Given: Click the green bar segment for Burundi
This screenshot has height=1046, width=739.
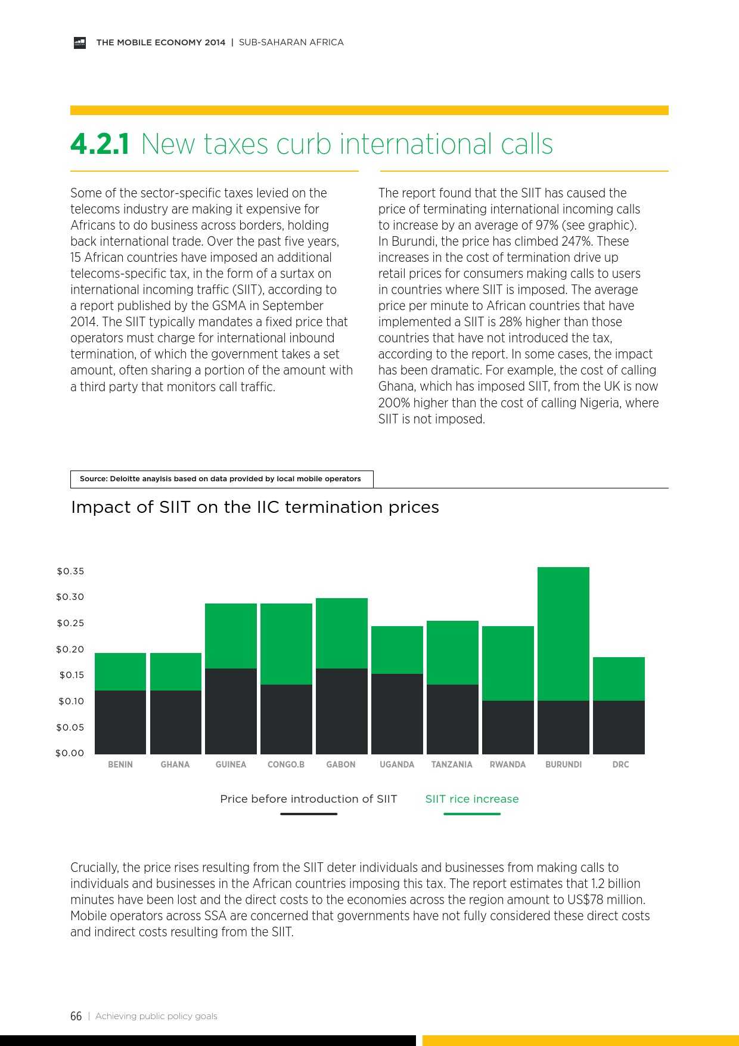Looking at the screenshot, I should point(563,633).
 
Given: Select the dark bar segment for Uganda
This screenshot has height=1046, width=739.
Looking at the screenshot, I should point(397,714).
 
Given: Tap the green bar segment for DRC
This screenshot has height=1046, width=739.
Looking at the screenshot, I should point(619,679).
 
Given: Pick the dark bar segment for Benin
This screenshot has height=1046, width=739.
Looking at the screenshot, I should point(120,722).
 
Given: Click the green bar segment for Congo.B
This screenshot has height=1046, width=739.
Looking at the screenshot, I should point(286,644).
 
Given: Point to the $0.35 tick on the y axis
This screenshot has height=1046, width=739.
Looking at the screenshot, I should point(70,571).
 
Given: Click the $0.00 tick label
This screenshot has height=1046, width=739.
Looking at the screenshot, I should point(70,753).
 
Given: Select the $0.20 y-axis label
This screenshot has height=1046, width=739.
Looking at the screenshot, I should point(70,649).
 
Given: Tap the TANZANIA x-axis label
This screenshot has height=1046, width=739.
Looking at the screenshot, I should point(452,765).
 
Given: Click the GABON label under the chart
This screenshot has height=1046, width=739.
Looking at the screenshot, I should point(341,765).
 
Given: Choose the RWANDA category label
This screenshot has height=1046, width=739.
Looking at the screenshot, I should point(508,765).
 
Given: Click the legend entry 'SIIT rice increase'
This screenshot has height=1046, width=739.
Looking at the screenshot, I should point(472,799).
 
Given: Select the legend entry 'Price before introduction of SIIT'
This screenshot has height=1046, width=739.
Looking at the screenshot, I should point(308,799).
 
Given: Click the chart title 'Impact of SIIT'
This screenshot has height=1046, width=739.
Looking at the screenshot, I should point(255,507).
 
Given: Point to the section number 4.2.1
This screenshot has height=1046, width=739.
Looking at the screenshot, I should point(100,144).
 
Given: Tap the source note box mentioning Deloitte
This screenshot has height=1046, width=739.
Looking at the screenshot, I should point(221,479).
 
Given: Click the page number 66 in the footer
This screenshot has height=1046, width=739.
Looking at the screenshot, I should point(76,1016).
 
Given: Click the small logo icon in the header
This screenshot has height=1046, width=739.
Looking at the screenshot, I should point(80,43).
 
